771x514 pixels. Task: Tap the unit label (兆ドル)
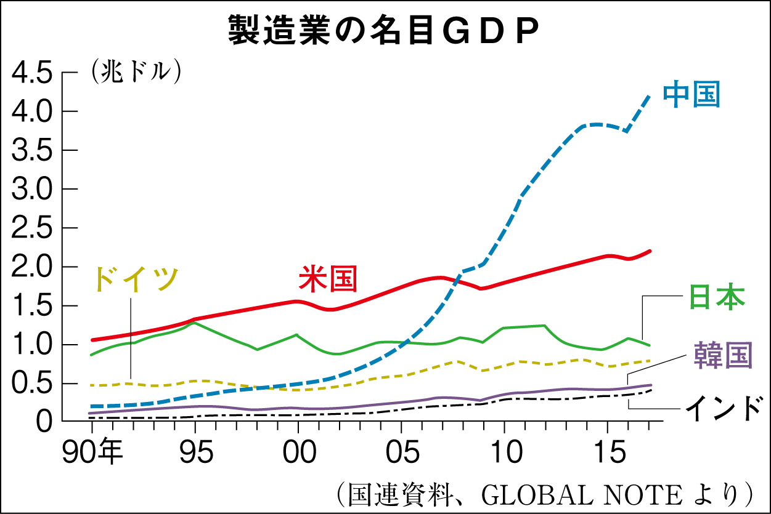[x=136, y=72]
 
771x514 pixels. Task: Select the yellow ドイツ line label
[x=136, y=279]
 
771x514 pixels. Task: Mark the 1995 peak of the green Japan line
[x=195, y=322]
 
